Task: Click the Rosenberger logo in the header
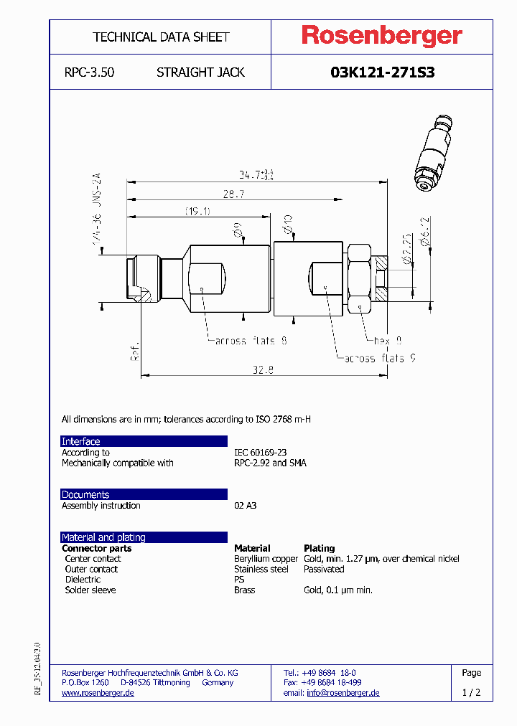pyautogui.click(x=381, y=36)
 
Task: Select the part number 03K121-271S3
pyautogui.click(x=382, y=72)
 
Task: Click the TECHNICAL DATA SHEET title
pyautogui.click(x=161, y=37)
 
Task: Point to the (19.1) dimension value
pyautogui.click(x=197, y=212)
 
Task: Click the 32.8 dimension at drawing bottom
pyautogui.click(x=264, y=370)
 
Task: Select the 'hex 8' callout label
pyautogui.click(x=388, y=341)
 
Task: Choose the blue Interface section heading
pyautogui.click(x=81, y=441)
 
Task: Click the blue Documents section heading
pyautogui.click(x=85, y=495)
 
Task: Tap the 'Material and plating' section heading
pyautogui.click(x=103, y=537)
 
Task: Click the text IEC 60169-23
pyautogui.click(x=260, y=453)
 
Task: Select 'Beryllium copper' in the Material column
pyautogui.click(x=266, y=559)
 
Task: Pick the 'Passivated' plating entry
pyautogui.click(x=324, y=569)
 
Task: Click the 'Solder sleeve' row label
pyautogui.click(x=90, y=590)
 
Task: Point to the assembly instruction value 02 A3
pyautogui.click(x=245, y=506)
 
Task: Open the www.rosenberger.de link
pyautogui.click(x=98, y=693)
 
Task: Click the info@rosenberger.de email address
pyautogui.click(x=343, y=693)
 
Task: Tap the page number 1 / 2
pyautogui.click(x=471, y=693)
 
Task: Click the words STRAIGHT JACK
pyautogui.click(x=200, y=72)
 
